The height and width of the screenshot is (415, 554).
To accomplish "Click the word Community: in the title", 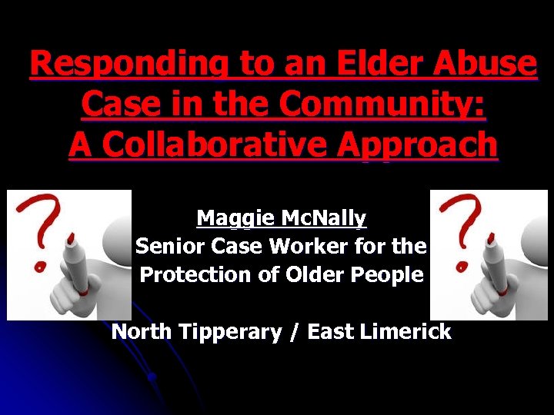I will pos(385,104).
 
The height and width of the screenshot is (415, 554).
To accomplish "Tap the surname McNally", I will pos(323,218).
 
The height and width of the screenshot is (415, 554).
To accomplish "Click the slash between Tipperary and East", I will pos(295,332).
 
